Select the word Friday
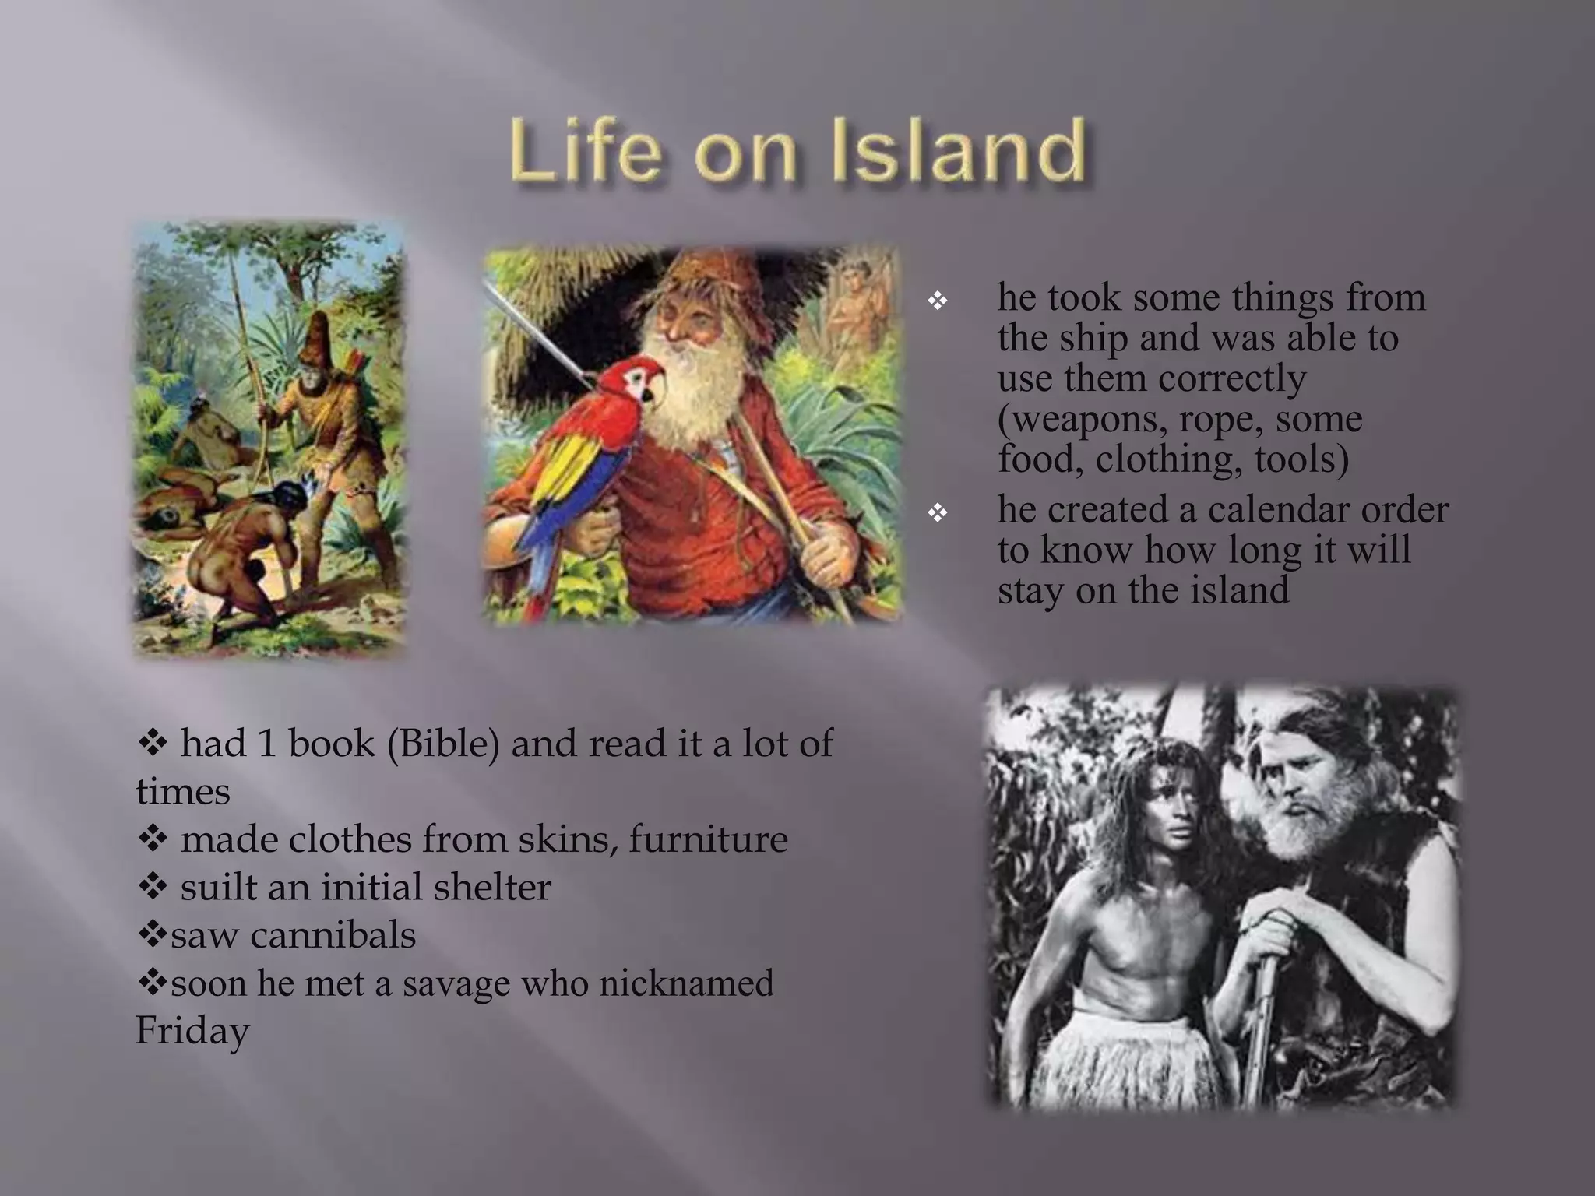[x=192, y=1031]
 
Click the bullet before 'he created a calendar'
[x=938, y=512]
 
